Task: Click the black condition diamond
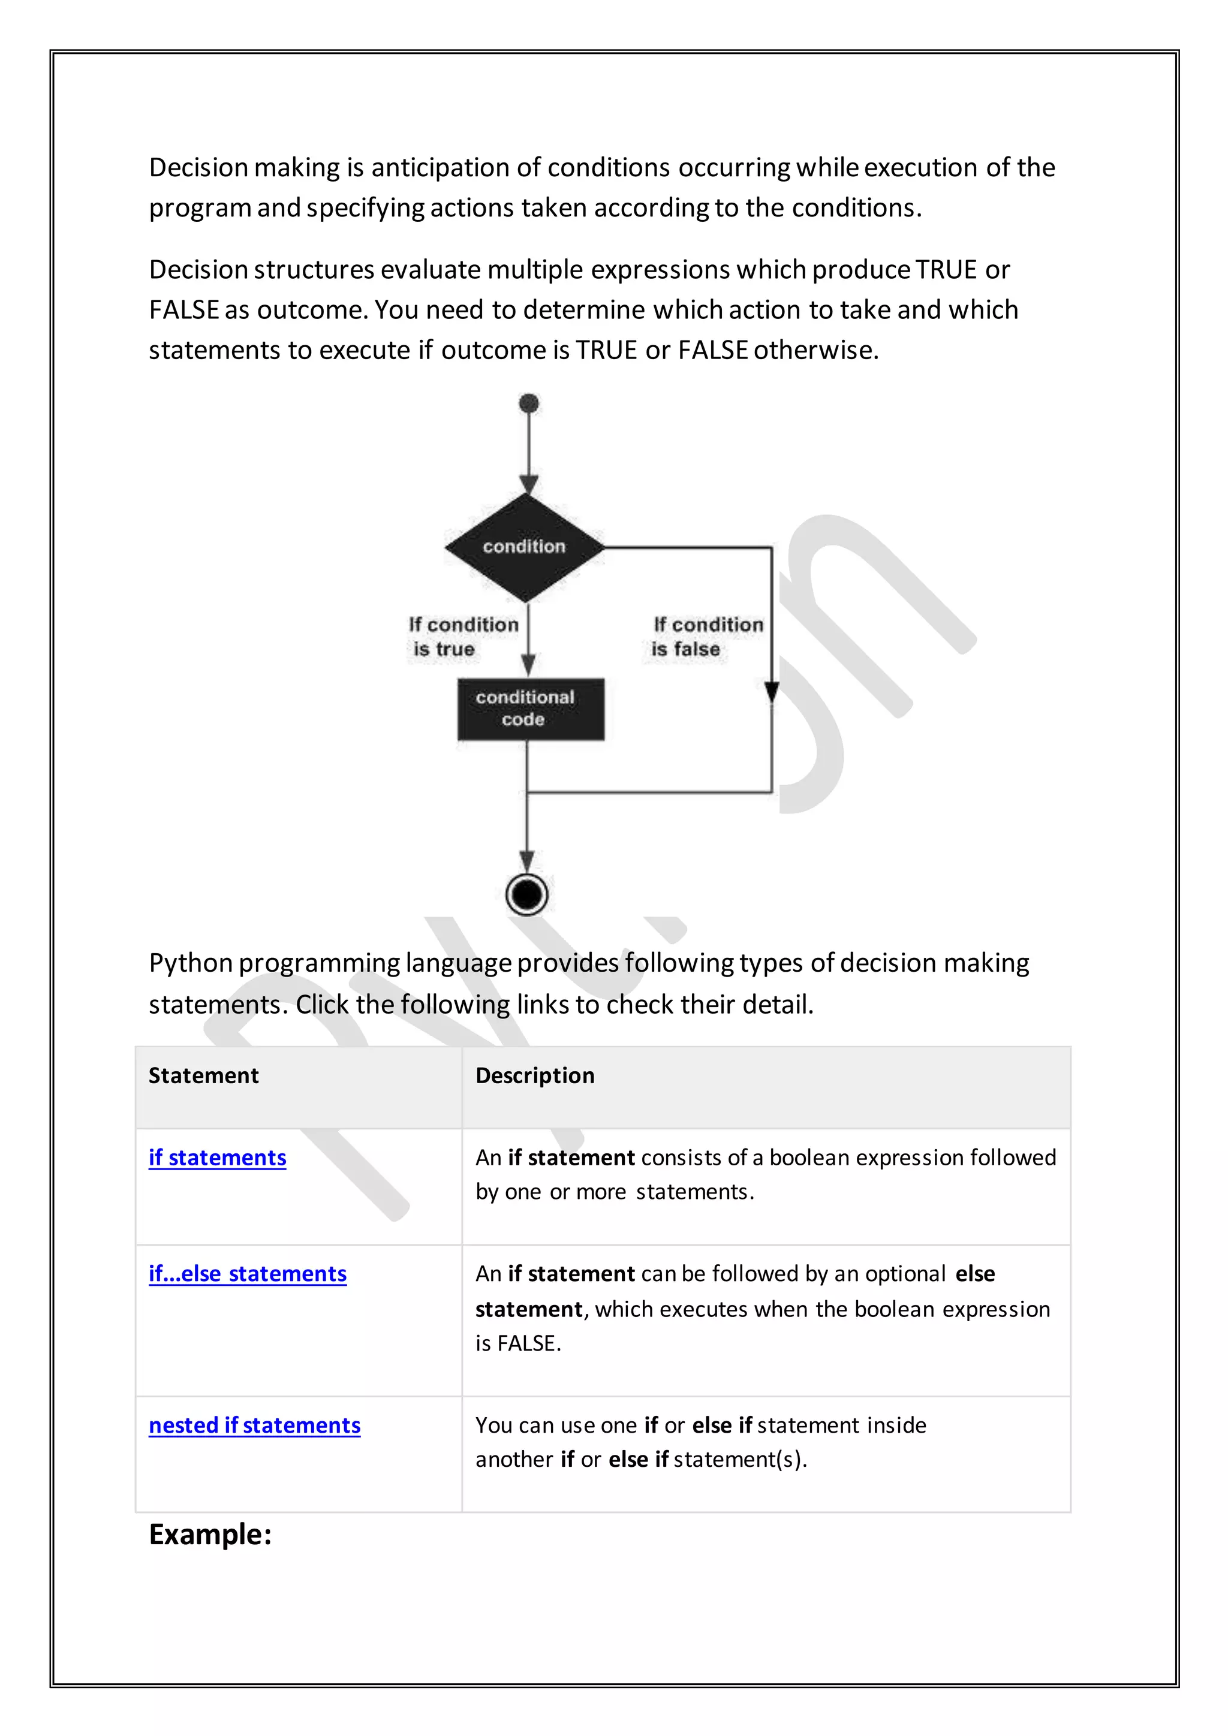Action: (x=525, y=547)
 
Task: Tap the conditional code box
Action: (x=530, y=709)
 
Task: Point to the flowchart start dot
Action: (x=529, y=403)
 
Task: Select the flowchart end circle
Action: (x=527, y=894)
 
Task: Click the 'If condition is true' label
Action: (x=463, y=637)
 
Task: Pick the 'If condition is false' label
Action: (x=707, y=637)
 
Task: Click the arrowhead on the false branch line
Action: (x=771, y=691)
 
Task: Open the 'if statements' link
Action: (x=217, y=1158)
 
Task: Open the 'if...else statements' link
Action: (x=247, y=1273)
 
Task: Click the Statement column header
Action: (x=203, y=1075)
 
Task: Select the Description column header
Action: (x=535, y=1075)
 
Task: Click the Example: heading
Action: (x=210, y=1534)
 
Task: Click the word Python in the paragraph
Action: (x=191, y=963)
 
